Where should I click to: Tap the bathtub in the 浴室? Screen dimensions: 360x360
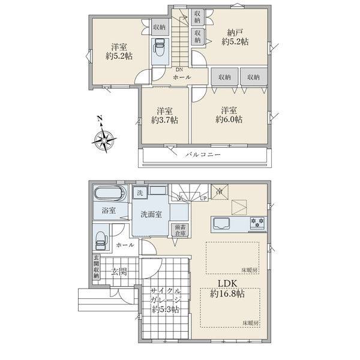(x=110, y=194)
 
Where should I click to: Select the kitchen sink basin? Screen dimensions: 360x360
(x=221, y=223)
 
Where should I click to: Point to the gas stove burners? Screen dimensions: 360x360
(x=257, y=223)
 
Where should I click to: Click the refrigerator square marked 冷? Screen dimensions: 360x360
(x=220, y=191)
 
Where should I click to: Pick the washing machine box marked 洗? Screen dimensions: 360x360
(x=140, y=193)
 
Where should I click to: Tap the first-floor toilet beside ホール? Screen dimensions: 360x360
(x=101, y=241)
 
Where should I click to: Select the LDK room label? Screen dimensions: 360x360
(x=227, y=284)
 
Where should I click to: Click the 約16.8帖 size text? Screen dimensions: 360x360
(x=227, y=294)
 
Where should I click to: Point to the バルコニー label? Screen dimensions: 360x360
(x=203, y=155)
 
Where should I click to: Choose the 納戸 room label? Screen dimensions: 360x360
(x=235, y=32)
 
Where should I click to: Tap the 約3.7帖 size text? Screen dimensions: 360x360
(x=164, y=120)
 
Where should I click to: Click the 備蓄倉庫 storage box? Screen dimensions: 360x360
(x=180, y=230)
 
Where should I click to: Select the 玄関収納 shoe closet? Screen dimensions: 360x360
(x=96, y=267)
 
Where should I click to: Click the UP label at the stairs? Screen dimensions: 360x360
(x=203, y=199)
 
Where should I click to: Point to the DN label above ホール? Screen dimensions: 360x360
(x=179, y=70)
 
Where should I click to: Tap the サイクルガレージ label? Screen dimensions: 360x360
(x=166, y=295)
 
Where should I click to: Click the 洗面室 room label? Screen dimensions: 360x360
(x=151, y=214)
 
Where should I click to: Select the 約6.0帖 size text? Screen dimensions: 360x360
(x=229, y=119)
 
